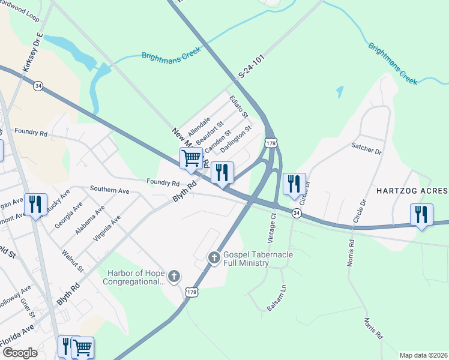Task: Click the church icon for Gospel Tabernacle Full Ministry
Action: [x=214, y=257]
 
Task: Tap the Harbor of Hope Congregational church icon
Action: [x=173, y=277]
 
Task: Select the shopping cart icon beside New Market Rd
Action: [x=191, y=158]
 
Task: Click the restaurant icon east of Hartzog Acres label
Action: [x=421, y=214]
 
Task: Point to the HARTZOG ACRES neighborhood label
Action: [x=412, y=191]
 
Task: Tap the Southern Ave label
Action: [x=109, y=190]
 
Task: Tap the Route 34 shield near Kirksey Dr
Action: [x=38, y=86]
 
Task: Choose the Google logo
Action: [x=20, y=353]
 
